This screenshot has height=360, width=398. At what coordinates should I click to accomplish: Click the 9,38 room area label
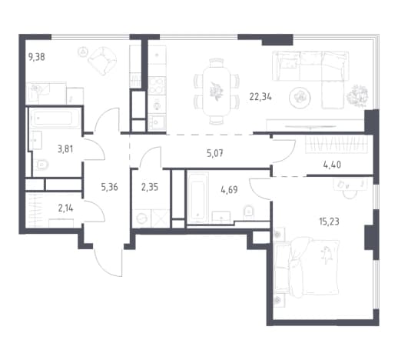[37, 57]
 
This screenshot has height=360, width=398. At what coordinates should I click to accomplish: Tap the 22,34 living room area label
[260, 97]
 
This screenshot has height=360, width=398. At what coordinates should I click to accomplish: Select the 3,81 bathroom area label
[65, 149]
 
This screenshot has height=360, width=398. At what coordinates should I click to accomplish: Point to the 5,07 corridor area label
[214, 154]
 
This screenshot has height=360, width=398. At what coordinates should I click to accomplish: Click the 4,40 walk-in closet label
[332, 165]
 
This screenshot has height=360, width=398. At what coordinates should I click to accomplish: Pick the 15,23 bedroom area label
[329, 221]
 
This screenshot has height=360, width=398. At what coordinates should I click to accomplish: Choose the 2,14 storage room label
[66, 208]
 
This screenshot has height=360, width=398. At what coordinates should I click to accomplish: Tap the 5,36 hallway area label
[110, 187]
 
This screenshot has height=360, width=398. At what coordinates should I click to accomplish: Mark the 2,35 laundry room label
[150, 187]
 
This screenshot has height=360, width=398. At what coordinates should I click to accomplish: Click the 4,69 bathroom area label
[229, 190]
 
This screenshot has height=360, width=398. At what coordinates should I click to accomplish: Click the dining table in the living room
[216, 92]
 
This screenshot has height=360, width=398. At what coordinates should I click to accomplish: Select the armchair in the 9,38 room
[102, 61]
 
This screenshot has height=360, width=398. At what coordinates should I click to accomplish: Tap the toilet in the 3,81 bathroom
[42, 164]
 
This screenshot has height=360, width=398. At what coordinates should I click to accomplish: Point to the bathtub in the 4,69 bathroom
[197, 197]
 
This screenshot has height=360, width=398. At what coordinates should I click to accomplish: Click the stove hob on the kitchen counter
[157, 86]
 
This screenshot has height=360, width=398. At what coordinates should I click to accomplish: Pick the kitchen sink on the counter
[156, 122]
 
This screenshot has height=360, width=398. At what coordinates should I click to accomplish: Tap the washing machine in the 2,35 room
[142, 218]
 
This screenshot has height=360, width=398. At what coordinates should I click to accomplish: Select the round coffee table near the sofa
[300, 98]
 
